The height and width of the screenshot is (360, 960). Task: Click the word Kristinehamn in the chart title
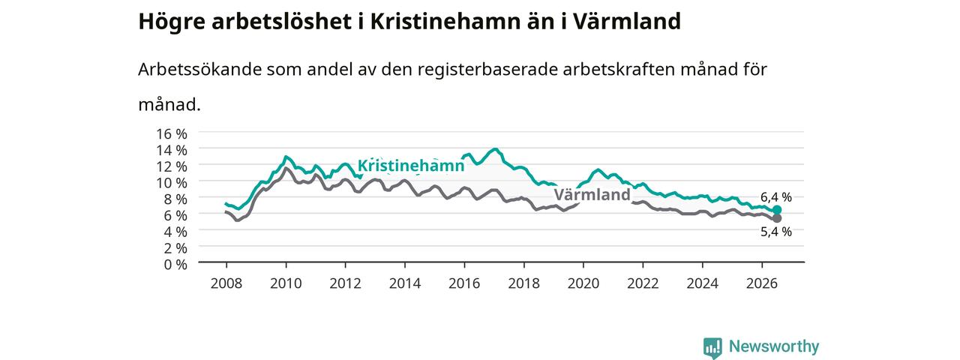(x=445, y=21)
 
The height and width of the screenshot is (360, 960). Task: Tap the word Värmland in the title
(x=626, y=21)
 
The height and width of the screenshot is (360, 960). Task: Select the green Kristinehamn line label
(x=411, y=166)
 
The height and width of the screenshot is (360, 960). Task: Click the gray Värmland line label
(x=592, y=194)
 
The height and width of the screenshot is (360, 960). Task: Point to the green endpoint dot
(x=777, y=209)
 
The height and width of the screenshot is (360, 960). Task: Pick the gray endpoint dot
(x=777, y=218)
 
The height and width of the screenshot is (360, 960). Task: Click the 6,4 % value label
(x=776, y=197)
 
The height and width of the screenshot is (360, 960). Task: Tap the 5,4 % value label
(x=776, y=232)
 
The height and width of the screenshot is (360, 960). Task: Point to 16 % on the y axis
(x=172, y=134)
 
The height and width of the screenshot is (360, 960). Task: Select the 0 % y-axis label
(x=175, y=265)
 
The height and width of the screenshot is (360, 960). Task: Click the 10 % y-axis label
(x=172, y=183)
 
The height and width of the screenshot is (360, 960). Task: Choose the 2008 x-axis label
(x=226, y=283)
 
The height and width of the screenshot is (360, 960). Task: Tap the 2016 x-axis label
(x=464, y=283)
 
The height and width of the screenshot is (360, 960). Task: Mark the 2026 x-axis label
(x=761, y=283)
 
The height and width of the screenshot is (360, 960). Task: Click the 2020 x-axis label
(x=583, y=283)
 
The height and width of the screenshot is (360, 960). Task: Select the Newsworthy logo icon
(x=712, y=347)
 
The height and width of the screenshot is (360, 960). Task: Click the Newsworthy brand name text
(x=774, y=346)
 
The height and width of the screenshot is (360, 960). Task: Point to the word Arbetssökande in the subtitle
(x=199, y=69)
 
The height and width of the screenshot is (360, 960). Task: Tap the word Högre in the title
(x=172, y=22)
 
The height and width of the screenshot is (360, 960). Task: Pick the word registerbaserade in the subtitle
(x=487, y=70)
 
